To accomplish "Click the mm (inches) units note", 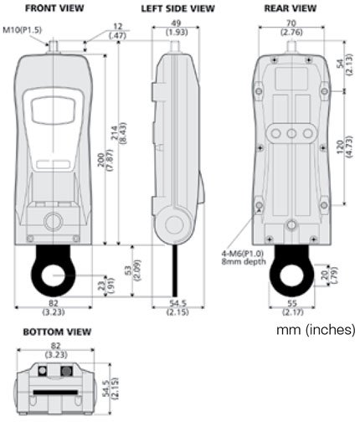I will click(x=315, y=329).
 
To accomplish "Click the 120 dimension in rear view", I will click(x=338, y=148).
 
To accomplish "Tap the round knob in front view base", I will click(x=54, y=221).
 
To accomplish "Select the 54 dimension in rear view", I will click(x=338, y=64).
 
